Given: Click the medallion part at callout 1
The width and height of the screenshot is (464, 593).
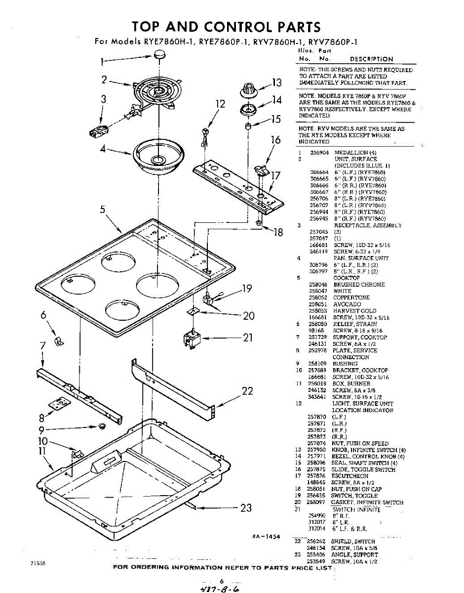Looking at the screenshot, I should point(159,58).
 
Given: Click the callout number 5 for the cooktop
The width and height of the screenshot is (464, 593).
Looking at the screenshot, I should point(103,209).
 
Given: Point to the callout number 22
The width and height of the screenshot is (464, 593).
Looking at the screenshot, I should point(247,391).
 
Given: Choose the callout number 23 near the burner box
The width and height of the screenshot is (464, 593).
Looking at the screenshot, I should point(246,508).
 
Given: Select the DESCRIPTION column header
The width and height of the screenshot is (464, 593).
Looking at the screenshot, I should point(371,59).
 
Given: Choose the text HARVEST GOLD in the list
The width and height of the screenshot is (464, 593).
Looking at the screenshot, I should point(354,311).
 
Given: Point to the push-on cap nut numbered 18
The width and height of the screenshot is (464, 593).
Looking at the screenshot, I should point(259,224).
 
